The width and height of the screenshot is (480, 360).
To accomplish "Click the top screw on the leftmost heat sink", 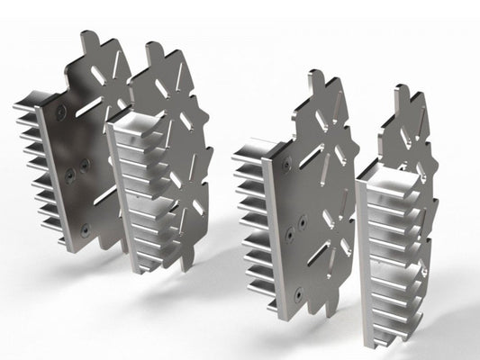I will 61,111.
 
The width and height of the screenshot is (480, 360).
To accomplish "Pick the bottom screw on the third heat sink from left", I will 297,292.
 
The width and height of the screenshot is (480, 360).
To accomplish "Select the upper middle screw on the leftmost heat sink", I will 84,164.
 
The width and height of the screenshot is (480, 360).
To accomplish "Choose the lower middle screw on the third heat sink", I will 290,232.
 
